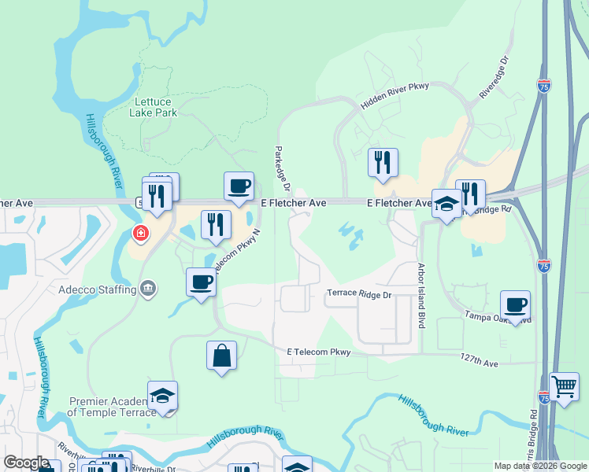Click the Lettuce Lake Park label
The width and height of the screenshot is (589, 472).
[155, 107]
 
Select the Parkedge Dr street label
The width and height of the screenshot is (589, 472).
[282, 168]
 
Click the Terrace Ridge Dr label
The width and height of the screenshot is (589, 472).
[359, 293]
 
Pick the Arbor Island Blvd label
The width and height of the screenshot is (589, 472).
[421, 296]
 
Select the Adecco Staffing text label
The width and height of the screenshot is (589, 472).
[96, 289]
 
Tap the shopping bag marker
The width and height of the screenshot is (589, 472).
[221, 355]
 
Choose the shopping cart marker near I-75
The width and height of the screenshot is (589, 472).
[564, 387]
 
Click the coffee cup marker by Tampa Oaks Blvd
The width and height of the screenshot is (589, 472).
[515, 304]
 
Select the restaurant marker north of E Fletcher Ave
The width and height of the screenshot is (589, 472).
[383, 162]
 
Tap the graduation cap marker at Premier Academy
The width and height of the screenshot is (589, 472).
[162, 395]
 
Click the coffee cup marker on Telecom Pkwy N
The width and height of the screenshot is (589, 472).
[201, 282]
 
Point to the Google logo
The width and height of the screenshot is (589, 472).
[25, 463]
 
